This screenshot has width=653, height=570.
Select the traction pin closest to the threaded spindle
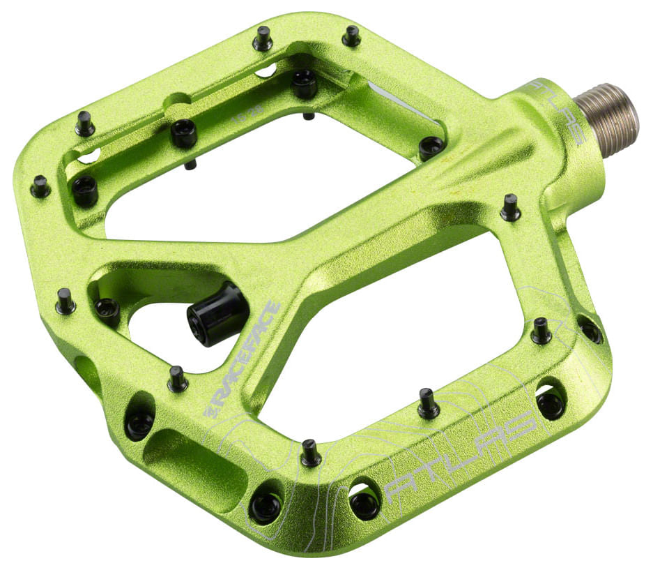point(510,207)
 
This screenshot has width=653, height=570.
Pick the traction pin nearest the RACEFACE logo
point(178,378)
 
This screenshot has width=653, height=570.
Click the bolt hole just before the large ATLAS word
point(364,500)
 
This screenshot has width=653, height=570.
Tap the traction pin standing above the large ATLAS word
point(428,403)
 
